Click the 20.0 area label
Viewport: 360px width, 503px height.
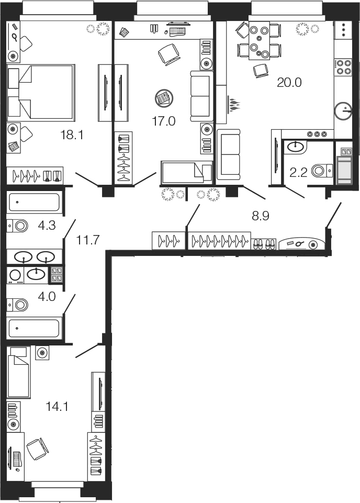289,83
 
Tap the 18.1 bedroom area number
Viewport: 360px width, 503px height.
72,135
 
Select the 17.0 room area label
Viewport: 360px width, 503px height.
163,121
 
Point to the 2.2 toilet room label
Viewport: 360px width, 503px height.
298,173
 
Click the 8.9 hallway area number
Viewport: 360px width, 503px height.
260,216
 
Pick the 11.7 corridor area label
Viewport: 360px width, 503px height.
88,240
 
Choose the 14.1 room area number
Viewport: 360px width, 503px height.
57,407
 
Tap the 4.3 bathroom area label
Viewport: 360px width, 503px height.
47,226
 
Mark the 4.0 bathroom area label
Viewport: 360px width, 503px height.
47,296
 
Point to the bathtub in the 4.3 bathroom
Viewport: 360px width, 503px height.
33,203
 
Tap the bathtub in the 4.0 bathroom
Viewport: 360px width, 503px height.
33,328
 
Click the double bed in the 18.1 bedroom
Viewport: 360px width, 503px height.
41,93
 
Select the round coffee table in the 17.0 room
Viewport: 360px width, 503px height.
164,98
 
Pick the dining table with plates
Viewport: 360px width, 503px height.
259,40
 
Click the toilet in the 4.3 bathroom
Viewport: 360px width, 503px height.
18,226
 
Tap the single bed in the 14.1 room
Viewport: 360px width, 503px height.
19,372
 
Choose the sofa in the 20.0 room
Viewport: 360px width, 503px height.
229,154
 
